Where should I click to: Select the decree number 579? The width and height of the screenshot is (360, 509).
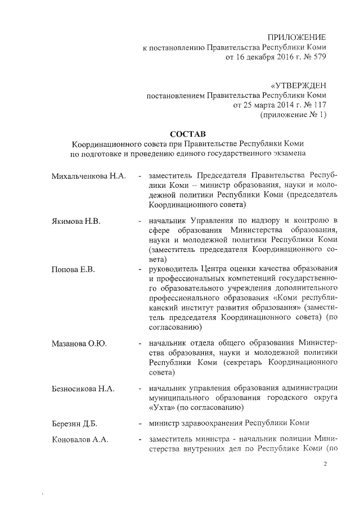[318, 57]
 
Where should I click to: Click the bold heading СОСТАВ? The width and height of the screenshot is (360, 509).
[187, 133]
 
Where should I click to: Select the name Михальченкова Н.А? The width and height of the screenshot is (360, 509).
[88, 175]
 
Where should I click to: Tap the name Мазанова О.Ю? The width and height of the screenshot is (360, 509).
[79, 343]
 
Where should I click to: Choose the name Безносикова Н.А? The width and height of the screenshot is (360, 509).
[83, 389]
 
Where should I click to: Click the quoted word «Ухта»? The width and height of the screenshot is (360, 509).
[162, 407]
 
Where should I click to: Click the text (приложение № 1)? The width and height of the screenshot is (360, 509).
[293, 115]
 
